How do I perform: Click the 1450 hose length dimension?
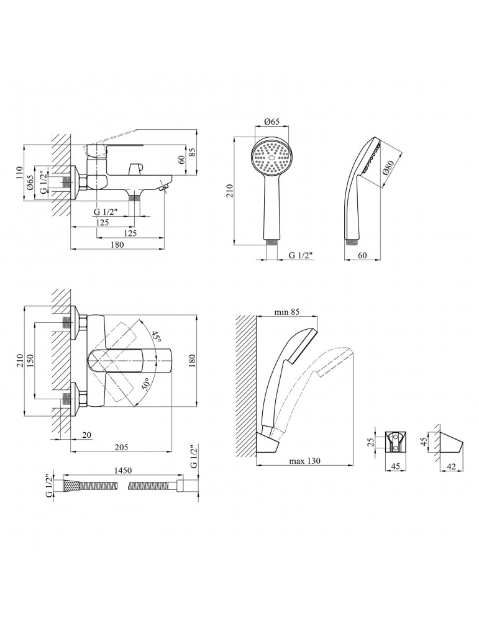click(123, 471)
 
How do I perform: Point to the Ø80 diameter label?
click(388, 170)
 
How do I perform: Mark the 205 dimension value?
click(121, 448)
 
